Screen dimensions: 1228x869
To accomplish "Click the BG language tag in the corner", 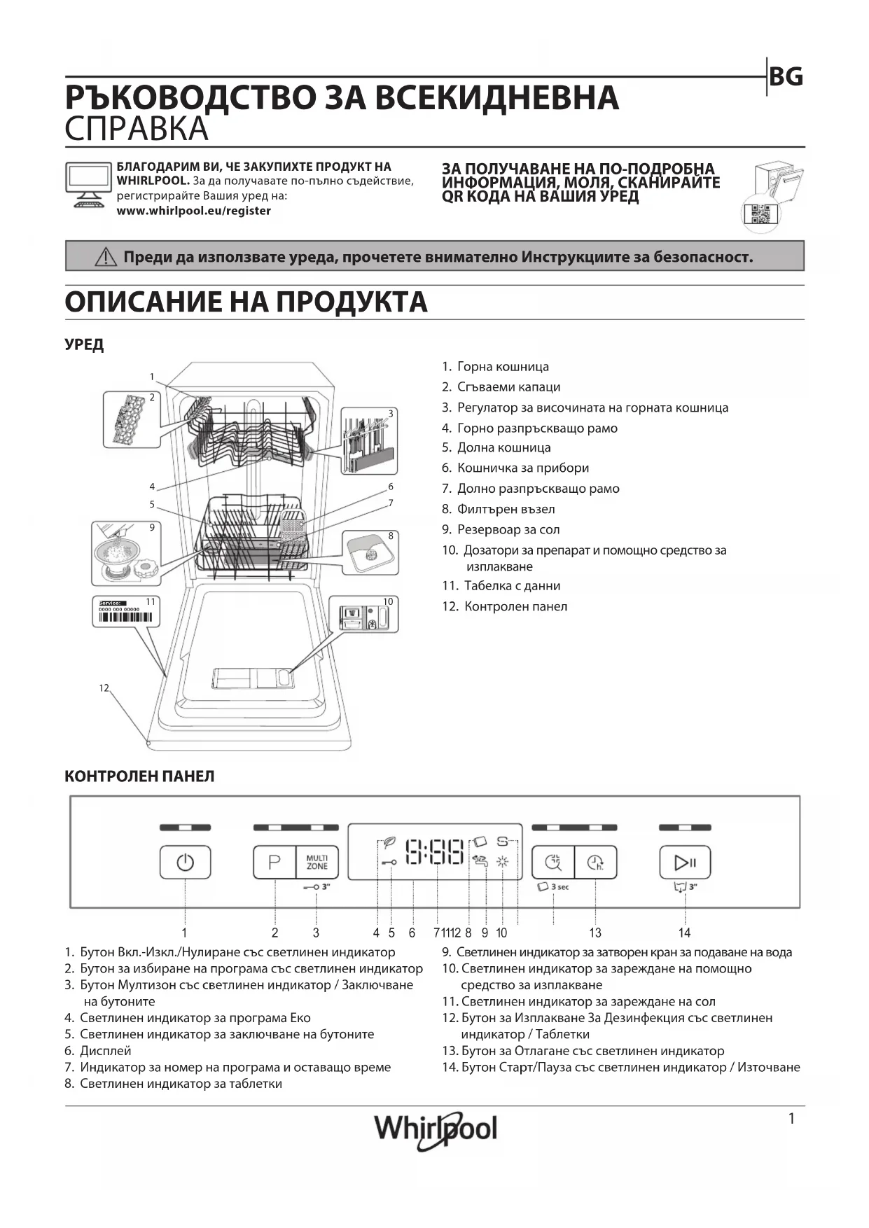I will click(786, 77).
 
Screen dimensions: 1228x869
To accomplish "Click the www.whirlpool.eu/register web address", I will click(193, 211).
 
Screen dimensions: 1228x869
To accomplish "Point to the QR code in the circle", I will click(760, 214).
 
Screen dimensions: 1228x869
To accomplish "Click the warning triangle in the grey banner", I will click(106, 257).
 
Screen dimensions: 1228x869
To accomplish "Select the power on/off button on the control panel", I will click(185, 862).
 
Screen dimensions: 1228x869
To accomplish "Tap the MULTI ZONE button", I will click(317, 862).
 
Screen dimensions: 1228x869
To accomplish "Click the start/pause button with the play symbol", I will click(685, 862).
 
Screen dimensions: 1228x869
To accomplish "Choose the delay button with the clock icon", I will click(596, 862).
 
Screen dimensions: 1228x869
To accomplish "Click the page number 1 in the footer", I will click(791, 1119).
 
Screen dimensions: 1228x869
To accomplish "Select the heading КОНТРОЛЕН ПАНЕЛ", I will click(139, 776).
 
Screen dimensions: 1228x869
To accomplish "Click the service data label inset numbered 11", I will click(126, 611).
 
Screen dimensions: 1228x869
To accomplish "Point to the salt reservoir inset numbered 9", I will click(126, 553).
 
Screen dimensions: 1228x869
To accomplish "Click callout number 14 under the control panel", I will click(684, 933).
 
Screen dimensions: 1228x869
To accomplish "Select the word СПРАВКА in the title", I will click(137, 129).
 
